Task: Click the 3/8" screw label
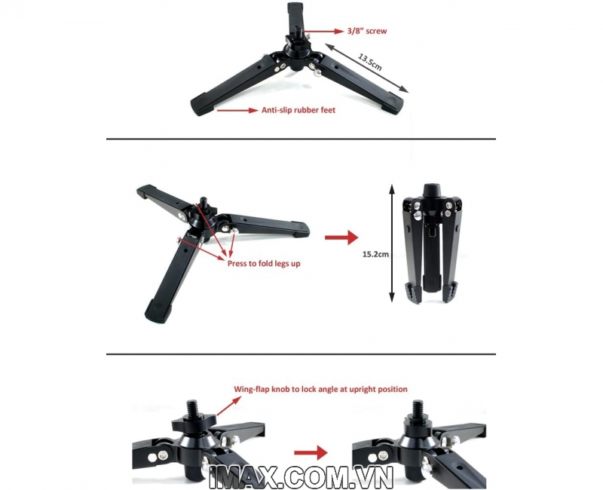[x=366, y=31]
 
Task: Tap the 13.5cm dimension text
[x=370, y=62]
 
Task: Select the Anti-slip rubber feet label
[x=298, y=110]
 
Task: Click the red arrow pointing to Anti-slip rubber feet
[x=237, y=110]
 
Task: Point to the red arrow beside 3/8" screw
[x=323, y=31]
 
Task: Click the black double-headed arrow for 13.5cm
[x=366, y=68]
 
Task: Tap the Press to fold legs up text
[x=264, y=263]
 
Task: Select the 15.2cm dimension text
[x=375, y=254]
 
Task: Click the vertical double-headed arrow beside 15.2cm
[x=392, y=243]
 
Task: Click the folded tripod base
[x=431, y=243]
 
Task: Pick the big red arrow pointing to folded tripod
[x=341, y=237]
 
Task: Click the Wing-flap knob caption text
[x=321, y=389]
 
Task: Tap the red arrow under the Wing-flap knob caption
[x=227, y=406]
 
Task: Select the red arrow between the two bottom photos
[x=311, y=453]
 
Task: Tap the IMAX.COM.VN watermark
[x=300, y=477]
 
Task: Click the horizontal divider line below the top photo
[x=301, y=139]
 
